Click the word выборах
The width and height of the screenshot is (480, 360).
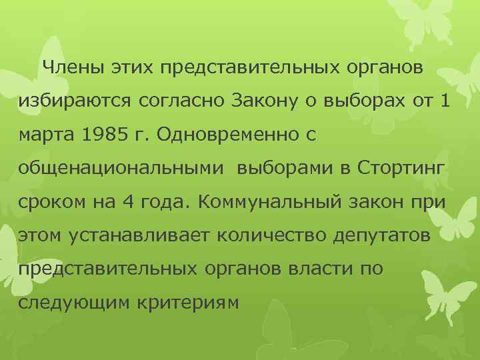click(x=360, y=102)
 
